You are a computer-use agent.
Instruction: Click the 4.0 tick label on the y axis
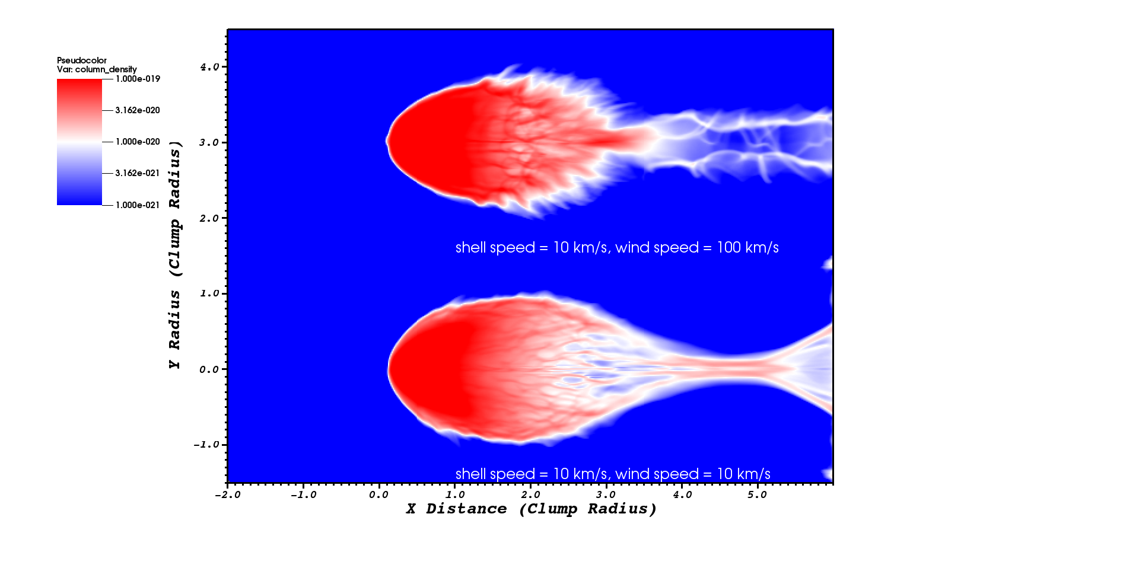tap(209, 67)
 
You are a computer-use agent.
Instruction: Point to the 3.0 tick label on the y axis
tap(209, 143)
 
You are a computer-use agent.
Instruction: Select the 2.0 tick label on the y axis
tap(209, 218)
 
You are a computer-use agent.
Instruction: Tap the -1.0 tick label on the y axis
tap(206, 445)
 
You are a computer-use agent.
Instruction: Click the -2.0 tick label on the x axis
tap(228, 494)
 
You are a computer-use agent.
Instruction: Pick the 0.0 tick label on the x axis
tap(379, 494)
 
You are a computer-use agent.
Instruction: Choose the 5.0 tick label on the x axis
tap(757, 494)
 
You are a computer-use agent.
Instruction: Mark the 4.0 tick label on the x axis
tap(682, 494)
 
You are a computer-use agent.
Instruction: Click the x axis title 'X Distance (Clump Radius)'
tap(532, 509)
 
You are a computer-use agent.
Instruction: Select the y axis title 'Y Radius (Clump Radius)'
tap(174, 255)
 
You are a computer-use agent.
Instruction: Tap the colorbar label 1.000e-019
tap(138, 79)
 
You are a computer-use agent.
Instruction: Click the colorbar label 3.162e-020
tap(138, 110)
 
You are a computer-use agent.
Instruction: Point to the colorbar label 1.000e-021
tap(138, 205)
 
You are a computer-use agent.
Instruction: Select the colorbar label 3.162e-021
tap(138, 173)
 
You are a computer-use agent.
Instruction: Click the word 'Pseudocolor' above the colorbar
tap(82, 60)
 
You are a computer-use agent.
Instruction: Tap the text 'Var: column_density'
tap(97, 69)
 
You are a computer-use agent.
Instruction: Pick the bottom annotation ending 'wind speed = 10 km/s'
tap(613, 474)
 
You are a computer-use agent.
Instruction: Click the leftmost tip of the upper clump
tap(386, 142)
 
